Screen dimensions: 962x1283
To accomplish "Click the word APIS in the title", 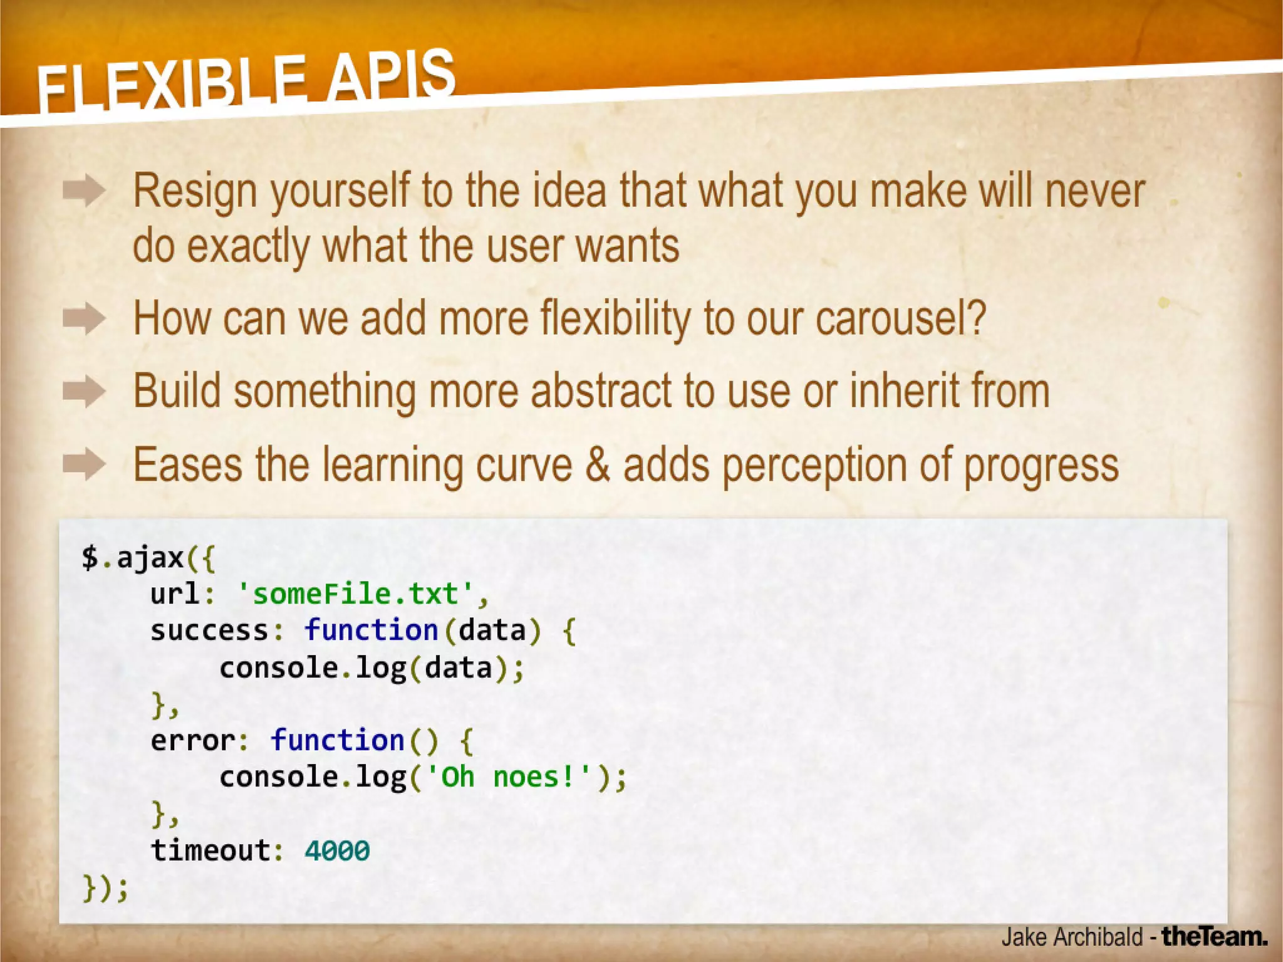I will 392,75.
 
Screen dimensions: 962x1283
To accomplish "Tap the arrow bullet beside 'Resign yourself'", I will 84,191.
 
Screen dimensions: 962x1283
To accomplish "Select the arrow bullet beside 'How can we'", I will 84,319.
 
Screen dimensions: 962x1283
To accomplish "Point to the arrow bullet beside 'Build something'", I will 84,392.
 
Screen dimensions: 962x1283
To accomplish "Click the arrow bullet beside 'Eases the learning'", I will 84,465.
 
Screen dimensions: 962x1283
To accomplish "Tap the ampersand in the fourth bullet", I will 598,465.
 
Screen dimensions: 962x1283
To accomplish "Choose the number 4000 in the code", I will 337,851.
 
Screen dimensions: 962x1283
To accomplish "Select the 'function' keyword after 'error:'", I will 337,741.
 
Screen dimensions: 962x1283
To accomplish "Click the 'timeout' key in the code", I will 210,851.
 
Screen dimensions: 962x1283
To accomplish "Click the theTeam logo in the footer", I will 1214,937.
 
